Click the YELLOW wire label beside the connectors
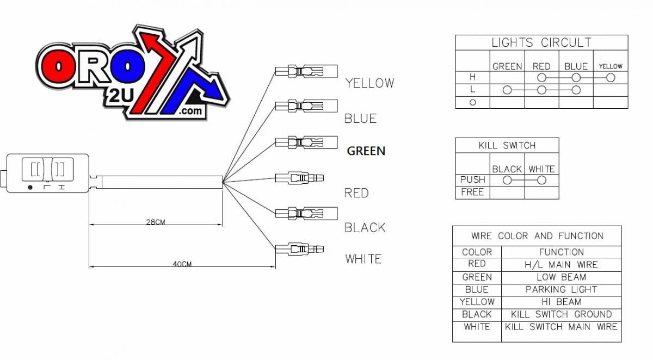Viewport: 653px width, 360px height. click(369, 83)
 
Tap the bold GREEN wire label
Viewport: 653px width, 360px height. click(366, 151)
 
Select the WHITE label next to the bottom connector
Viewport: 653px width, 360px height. click(363, 259)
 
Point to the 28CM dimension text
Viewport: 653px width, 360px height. click(156, 222)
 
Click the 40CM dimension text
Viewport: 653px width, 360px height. click(182, 264)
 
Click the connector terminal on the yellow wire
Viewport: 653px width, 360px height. click(306, 71)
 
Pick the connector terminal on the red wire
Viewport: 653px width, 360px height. click(299, 177)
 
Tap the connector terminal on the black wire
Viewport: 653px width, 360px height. click(306, 213)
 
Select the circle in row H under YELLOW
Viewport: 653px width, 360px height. click(611, 78)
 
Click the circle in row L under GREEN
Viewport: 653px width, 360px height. click(507, 90)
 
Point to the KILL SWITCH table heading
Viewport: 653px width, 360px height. click(507, 145)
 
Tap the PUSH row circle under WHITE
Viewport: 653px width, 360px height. click(541, 180)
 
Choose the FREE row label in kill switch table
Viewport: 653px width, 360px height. click(472, 192)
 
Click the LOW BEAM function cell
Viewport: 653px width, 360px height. click(561, 277)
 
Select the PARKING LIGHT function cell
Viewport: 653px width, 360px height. click(561, 289)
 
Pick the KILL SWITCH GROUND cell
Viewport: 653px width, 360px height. click(561, 314)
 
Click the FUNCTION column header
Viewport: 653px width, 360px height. click(561, 252)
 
